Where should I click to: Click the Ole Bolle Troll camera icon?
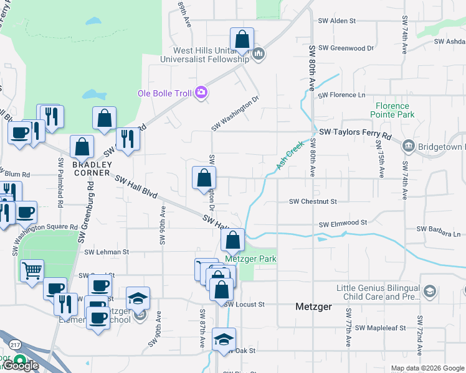coord(201,93)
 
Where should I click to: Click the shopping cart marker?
coord(32,271)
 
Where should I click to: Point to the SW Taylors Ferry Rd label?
coord(355,134)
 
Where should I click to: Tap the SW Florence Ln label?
coord(341,95)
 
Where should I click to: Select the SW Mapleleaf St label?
coord(377,328)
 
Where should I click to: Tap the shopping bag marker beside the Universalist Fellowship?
coord(242,39)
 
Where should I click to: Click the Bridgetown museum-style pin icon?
coord(408,147)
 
